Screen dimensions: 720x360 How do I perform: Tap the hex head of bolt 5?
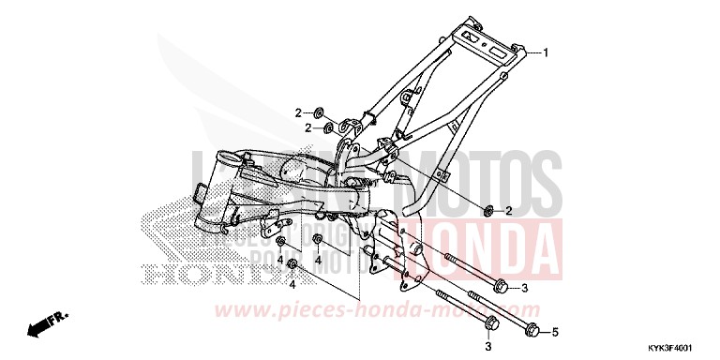[532, 330]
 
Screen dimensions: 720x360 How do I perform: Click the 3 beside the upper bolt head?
[525, 288]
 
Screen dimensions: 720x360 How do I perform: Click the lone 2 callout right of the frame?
[508, 210]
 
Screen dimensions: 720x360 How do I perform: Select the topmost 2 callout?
[299, 112]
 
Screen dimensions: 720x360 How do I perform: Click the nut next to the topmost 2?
[321, 113]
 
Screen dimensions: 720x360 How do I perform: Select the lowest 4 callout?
[292, 283]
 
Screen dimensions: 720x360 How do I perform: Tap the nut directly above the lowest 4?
[292, 262]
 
